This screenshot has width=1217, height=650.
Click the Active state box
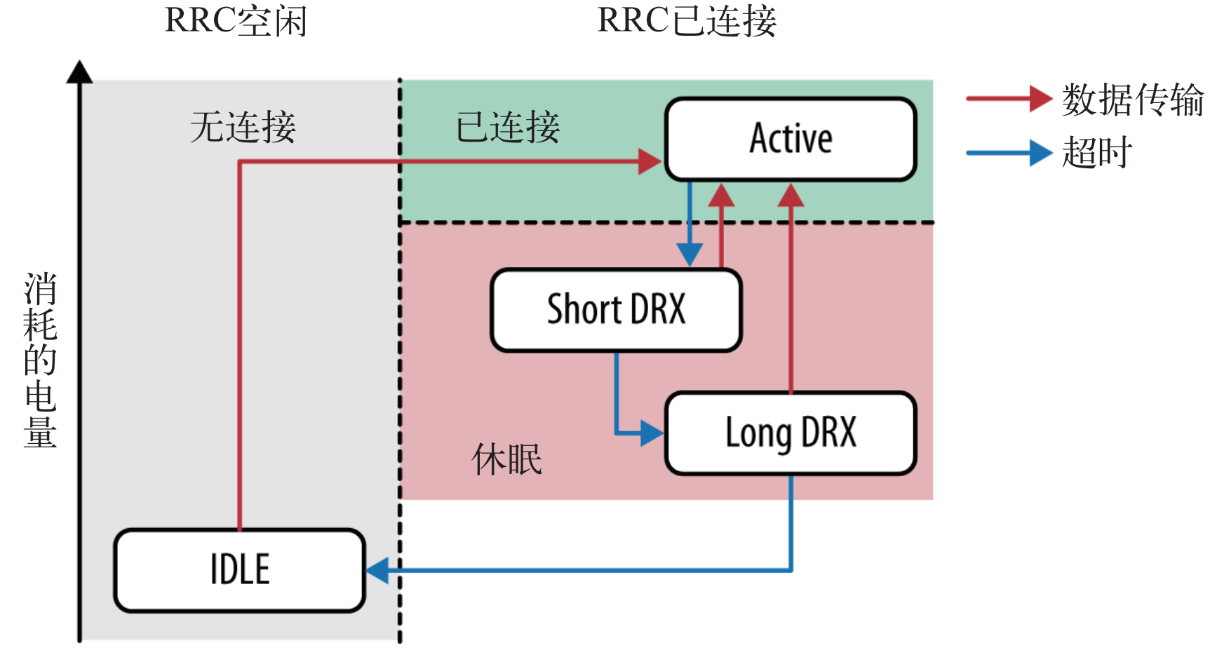tap(791, 139)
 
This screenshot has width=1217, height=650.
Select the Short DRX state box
tap(616, 310)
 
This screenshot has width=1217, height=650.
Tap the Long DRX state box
tap(791, 433)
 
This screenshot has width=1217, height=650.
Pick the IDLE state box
tap(240, 570)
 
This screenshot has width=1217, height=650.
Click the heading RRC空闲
tap(236, 21)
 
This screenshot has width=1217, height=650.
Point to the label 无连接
tap(243, 128)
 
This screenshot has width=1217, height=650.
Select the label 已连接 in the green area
tap(507, 128)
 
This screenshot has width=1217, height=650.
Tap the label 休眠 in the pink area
tap(506, 460)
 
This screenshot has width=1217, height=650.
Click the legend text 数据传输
tap(1132, 100)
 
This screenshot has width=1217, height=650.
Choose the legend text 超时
tap(1097, 153)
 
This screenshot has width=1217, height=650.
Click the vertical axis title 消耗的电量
tap(40, 360)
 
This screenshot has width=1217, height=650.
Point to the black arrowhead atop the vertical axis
tap(79, 71)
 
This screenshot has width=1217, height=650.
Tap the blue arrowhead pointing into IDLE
tap(377, 570)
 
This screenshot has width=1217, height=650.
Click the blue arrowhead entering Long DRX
tap(652, 433)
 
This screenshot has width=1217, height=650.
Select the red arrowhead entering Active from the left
tap(649, 162)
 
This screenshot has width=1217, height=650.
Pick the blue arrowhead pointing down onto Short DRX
tap(690, 255)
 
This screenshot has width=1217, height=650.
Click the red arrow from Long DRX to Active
tap(791, 294)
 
